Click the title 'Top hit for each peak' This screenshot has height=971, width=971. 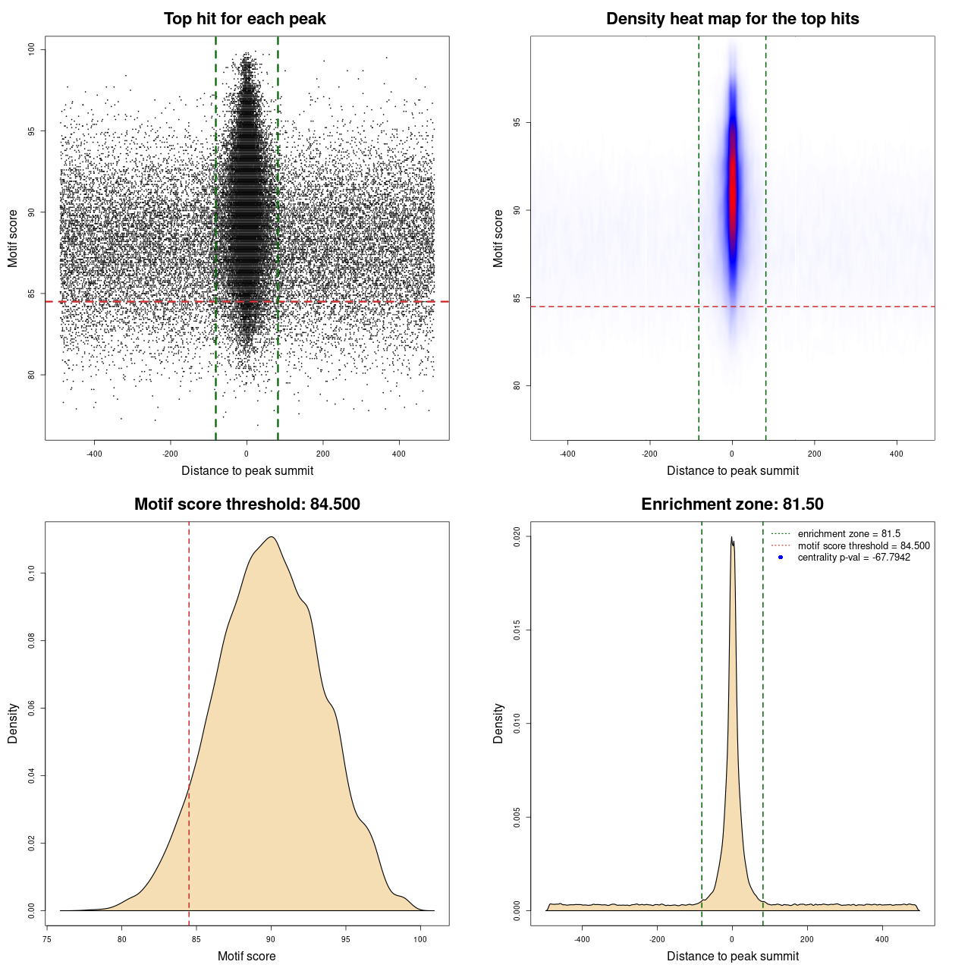(244, 19)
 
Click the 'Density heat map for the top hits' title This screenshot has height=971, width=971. (732, 19)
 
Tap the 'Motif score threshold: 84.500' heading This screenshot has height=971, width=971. (247, 504)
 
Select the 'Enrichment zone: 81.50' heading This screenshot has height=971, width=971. (732, 504)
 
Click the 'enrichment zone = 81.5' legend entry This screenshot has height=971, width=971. (849, 534)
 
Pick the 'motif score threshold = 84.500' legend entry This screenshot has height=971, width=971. (863, 546)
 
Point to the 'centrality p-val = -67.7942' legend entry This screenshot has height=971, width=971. (853, 558)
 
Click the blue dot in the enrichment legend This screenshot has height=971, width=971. (781, 558)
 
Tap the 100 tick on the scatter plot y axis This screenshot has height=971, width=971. (31, 49)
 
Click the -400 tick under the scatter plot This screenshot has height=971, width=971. (94, 454)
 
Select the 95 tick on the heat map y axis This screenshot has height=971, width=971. (517, 122)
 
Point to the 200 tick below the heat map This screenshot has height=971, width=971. (814, 454)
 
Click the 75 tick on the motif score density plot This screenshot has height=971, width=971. (47, 939)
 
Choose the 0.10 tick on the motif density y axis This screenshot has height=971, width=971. (31, 573)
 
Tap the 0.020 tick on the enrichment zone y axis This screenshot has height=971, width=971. (517, 536)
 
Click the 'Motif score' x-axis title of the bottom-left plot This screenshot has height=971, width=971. (247, 956)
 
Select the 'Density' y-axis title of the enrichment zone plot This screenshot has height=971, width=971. (498, 723)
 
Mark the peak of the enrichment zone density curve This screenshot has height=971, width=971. (732, 538)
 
